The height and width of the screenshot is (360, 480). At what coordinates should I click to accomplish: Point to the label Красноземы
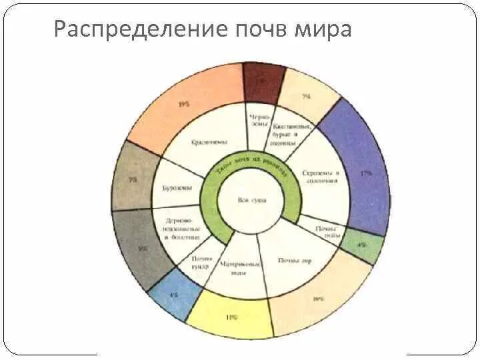pyautogui.click(x=209, y=142)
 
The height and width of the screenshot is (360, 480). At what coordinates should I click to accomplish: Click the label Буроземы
pyautogui.click(x=177, y=187)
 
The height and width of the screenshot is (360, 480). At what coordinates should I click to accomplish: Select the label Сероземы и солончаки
pyautogui.click(x=321, y=177)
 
